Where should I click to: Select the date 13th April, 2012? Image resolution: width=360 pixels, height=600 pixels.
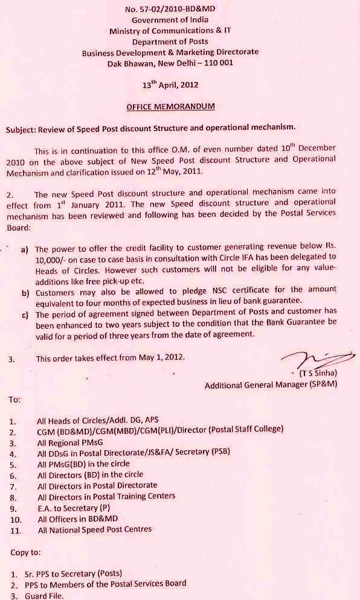click(170, 86)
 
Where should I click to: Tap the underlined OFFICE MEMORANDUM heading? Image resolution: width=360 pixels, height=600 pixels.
click(170, 106)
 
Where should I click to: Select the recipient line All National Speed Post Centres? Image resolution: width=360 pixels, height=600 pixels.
click(94, 529)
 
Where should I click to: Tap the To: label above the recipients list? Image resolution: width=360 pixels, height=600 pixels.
click(14, 400)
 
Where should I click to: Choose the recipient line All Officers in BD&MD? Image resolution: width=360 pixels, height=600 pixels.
click(77, 519)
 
